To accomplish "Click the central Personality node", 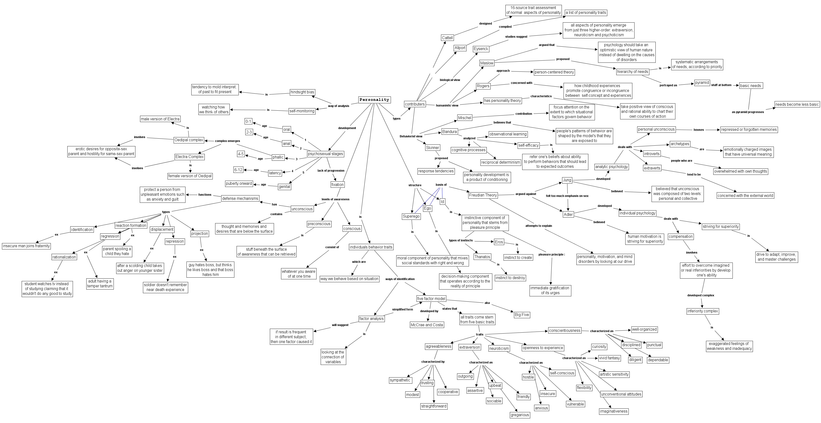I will pyautogui.click(x=374, y=100).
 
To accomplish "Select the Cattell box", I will pyautogui.click(x=447, y=38).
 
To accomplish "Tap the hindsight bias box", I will pyautogui.click(x=302, y=92).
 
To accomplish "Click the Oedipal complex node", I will pyautogui.click(x=189, y=140).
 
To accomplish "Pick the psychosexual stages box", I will pyautogui.click(x=325, y=154).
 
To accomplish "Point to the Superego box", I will pyautogui.click(x=411, y=216).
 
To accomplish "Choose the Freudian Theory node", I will pyautogui.click(x=483, y=195).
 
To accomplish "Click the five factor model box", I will pyautogui.click(x=431, y=299).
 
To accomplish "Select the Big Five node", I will pyautogui.click(x=522, y=315).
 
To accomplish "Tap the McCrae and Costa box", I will pyautogui.click(x=427, y=325).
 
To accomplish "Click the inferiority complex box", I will pyautogui.click(x=702, y=311).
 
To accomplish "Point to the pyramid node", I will pyautogui.click(x=702, y=83).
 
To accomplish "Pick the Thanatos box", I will pyautogui.click(x=482, y=257).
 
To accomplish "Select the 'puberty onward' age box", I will pyautogui.click(x=239, y=184).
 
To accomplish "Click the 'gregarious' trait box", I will pyautogui.click(x=520, y=415).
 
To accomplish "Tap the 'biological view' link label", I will pyautogui.click(x=450, y=80).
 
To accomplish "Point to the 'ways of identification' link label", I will pyautogui.click(x=400, y=279).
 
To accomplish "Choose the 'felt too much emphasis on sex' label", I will pyautogui.click(x=567, y=196).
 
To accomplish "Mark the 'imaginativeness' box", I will pyautogui.click(x=614, y=411).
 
